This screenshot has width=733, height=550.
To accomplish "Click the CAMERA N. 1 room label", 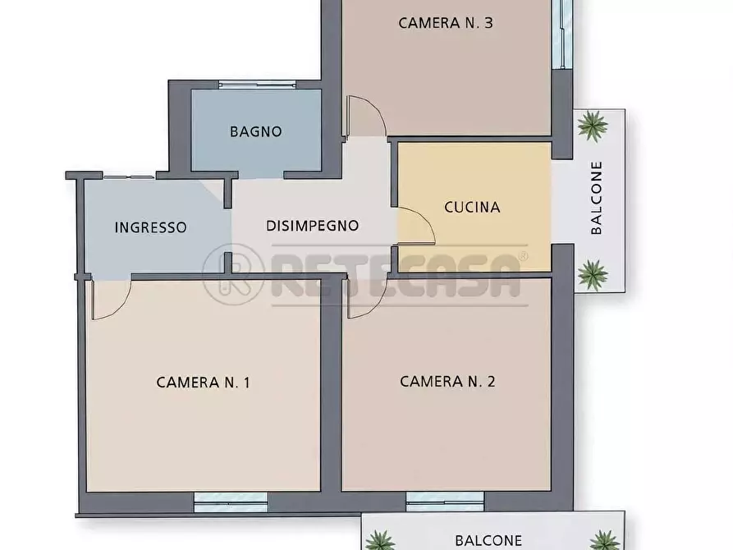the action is point(203,382).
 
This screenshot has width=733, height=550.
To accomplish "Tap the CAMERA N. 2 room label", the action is point(447,381).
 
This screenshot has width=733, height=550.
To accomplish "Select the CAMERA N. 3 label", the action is point(446,23).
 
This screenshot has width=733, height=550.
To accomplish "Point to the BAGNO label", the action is point(256,131).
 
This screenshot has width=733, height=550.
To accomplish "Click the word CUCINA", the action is point(472,207).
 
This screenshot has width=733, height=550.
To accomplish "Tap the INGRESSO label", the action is point(150,227).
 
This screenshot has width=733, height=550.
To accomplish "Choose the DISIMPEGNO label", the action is point(312,226).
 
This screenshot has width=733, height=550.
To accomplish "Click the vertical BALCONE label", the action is point(597,198).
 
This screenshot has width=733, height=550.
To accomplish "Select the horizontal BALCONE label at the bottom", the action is point(488,541).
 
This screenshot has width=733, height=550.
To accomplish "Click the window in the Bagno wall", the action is point(257,85).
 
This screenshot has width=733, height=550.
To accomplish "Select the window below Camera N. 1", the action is point(231,502).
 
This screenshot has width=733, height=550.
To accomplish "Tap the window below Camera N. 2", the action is point(445,502).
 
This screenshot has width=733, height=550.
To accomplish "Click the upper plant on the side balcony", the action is point(593,126).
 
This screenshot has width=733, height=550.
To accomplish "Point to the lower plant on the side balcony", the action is point(593,275).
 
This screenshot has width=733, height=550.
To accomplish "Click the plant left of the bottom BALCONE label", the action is point(379,540).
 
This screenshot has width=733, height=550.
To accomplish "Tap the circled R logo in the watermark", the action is point(233,274).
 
